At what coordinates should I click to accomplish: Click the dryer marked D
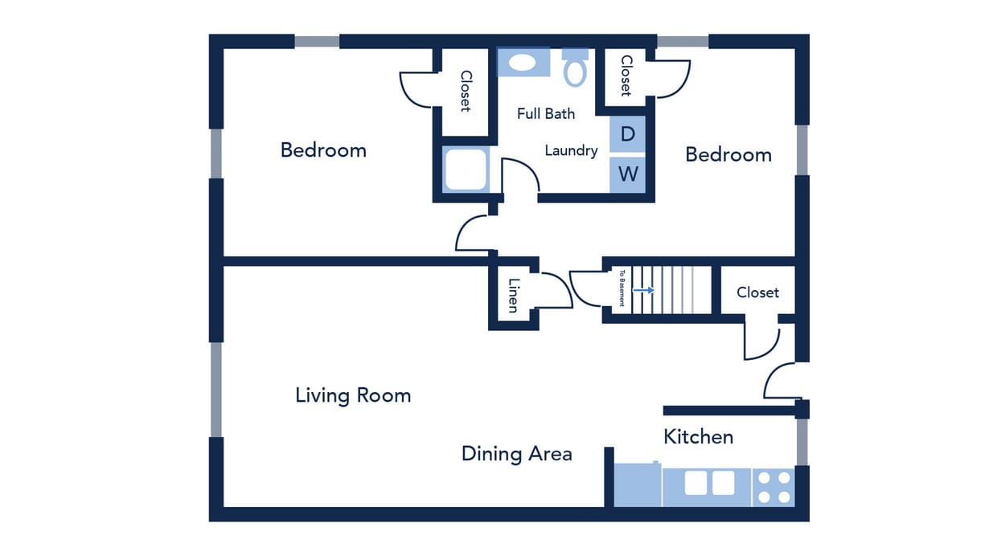[x=627, y=134]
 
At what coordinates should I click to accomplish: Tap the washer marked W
[x=627, y=174]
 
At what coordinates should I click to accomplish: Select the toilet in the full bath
[x=575, y=68]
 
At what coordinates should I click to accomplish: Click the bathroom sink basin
[x=523, y=63]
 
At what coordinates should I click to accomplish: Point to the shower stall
[x=466, y=170]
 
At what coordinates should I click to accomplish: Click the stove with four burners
[x=773, y=487]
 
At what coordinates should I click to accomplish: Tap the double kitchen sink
[x=709, y=483]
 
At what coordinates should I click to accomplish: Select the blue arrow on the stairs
[x=643, y=289]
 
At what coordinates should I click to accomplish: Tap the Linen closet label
[x=513, y=295]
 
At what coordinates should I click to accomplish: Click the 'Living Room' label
[x=353, y=395]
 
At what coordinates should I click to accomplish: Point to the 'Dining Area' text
[x=516, y=454]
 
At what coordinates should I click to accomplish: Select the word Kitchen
[x=698, y=437]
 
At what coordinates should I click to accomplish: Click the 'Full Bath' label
[x=546, y=114]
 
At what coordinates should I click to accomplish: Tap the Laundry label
[x=571, y=150]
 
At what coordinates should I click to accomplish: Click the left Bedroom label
[x=323, y=150]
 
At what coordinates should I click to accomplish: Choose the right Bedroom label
[x=728, y=155]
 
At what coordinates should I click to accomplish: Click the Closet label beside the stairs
[x=757, y=292]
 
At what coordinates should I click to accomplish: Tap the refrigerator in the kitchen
[x=637, y=486]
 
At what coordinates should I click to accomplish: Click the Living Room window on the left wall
[x=215, y=390]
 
